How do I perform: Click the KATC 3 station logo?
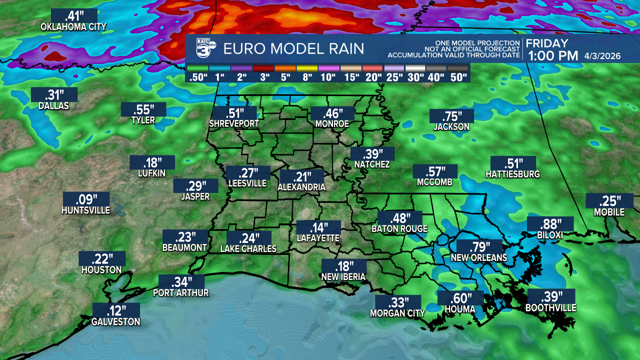pyautogui.click(x=205, y=48)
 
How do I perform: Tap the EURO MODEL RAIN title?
pyautogui.click(x=293, y=49)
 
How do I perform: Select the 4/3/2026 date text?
pyautogui.click(x=602, y=56)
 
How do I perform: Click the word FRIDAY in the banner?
pyautogui.click(x=547, y=43)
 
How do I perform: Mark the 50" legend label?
pyautogui.click(x=458, y=77)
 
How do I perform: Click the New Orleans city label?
pyautogui.click(x=479, y=258)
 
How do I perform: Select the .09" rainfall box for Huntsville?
pyautogui.click(x=86, y=199)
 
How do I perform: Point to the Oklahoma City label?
pyautogui.click(x=73, y=26)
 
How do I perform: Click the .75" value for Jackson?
pyautogui.click(x=451, y=115)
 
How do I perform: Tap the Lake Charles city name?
pyautogui.click(x=248, y=248)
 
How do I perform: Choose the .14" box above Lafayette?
pyautogui.click(x=318, y=227)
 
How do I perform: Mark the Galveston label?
pyautogui.click(x=115, y=322)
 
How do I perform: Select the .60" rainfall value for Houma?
pyautogui.click(x=460, y=298)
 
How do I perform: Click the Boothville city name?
pyautogui.click(x=550, y=308)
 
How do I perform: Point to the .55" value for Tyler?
pyautogui.click(x=143, y=109)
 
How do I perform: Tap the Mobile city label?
pyautogui.click(x=609, y=212)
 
